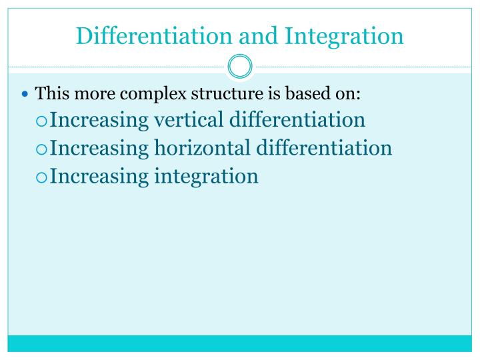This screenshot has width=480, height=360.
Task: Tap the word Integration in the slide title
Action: point(344,35)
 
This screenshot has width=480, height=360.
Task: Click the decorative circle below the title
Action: point(240,67)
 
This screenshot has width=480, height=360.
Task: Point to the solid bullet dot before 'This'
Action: point(26,94)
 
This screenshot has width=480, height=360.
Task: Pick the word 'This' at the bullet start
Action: point(49,93)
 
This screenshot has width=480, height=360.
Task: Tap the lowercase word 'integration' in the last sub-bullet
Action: point(206,177)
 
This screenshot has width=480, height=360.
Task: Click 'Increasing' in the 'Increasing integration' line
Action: point(99,177)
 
